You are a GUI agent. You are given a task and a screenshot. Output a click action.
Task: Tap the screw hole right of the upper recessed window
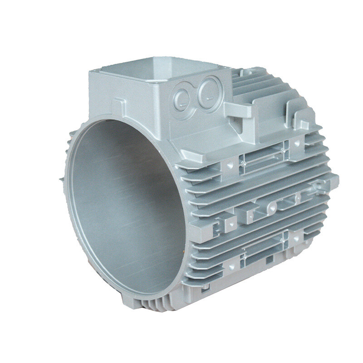pos(297,143)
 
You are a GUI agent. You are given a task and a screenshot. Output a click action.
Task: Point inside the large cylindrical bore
pos(123,204)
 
